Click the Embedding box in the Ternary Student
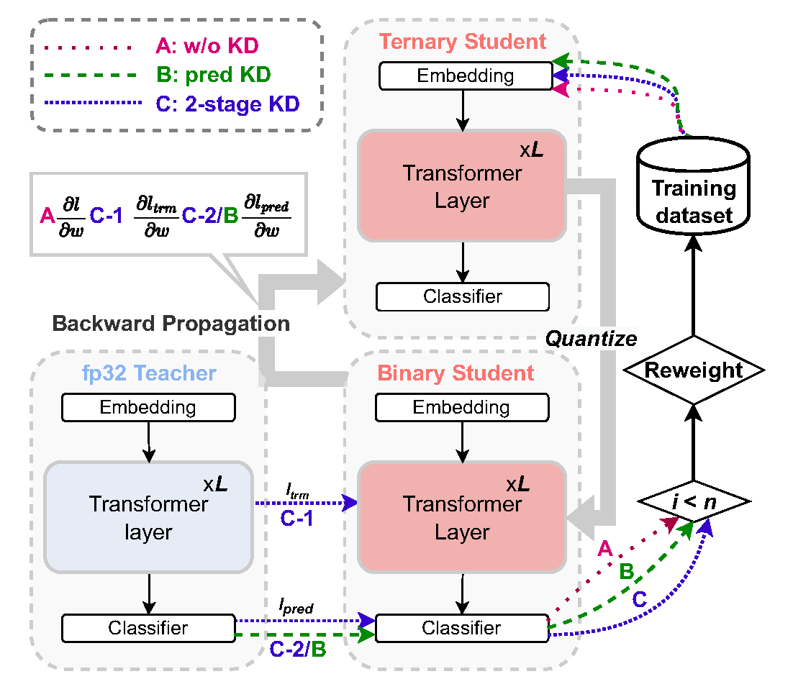pos(465,76)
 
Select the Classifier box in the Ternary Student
pos(463,296)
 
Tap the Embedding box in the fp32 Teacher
pos(148,408)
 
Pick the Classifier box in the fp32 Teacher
pos(148,628)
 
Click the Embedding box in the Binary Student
pos(461,408)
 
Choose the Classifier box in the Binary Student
pos(461,628)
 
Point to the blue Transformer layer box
pos(148,517)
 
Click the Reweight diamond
pos(692,371)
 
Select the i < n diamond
pos(692,499)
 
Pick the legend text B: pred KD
pos(213,75)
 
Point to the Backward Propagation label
pos(171,324)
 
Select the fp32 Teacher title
pos(149,373)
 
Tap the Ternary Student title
pos(463,41)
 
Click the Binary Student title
pos(456,373)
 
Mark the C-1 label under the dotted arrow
pos(297,519)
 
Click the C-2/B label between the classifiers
pos(298,650)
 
